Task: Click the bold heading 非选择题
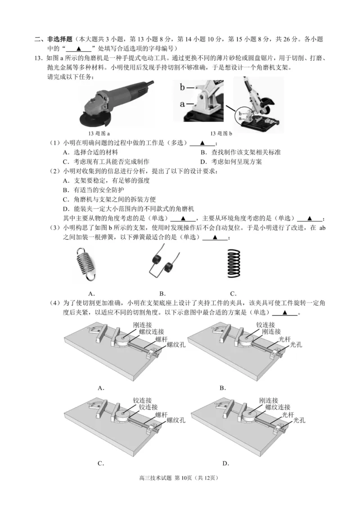coord(58,40)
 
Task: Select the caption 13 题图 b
coord(221,134)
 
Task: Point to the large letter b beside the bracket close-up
coord(183,87)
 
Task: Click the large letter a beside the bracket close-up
coord(183,104)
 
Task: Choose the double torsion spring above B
coord(162,265)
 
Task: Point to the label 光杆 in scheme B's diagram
coord(284,339)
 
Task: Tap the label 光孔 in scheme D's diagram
coord(299,420)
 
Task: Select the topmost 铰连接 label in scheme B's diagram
coord(265,325)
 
